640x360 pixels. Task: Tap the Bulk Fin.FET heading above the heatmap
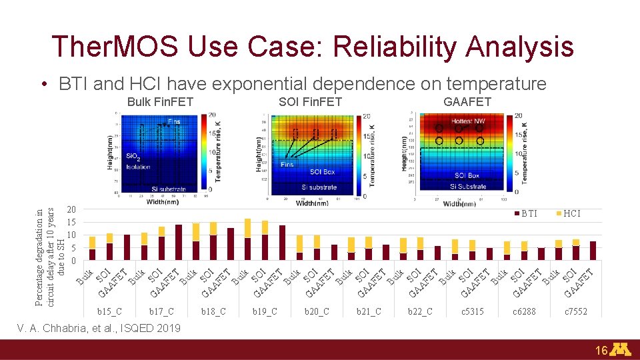click(160, 102)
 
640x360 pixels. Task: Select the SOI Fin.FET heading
click(310, 102)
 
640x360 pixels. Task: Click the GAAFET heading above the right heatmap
click(467, 102)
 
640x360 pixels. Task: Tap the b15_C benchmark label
click(109, 311)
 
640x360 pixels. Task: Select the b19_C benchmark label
click(265, 311)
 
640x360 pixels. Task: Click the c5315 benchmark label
click(472, 311)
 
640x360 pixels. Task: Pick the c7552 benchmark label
click(576, 311)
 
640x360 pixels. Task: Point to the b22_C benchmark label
click(420, 311)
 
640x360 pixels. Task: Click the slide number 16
click(601, 351)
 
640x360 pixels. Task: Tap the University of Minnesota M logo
click(621, 349)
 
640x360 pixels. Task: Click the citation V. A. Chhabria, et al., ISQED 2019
click(99, 327)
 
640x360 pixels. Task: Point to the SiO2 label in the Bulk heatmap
click(133, 156)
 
